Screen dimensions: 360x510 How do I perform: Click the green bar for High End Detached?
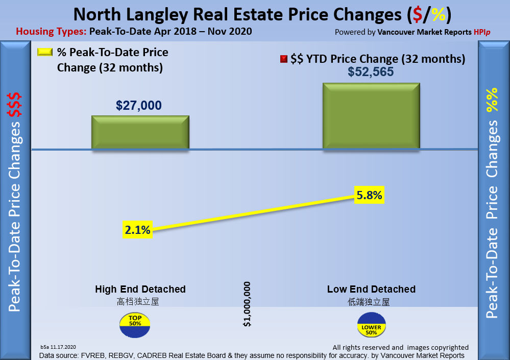(x=140, y=133)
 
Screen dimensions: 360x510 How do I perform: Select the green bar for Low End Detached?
(x=372, y=116)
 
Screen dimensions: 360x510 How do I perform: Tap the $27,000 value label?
(x=139, y=106)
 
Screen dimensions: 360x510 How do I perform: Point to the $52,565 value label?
(x=371, y=72)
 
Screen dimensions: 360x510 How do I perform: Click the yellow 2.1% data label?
(x=137, y=230)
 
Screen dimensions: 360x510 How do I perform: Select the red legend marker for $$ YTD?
(x=284, y=59)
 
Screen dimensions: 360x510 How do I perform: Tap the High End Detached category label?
(x=140, y=290)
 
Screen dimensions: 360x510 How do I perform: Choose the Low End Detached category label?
(x=371, y=290)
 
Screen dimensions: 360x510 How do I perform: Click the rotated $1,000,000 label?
(x=247, y=304)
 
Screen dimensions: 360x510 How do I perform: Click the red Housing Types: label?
(x=51, y=32)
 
